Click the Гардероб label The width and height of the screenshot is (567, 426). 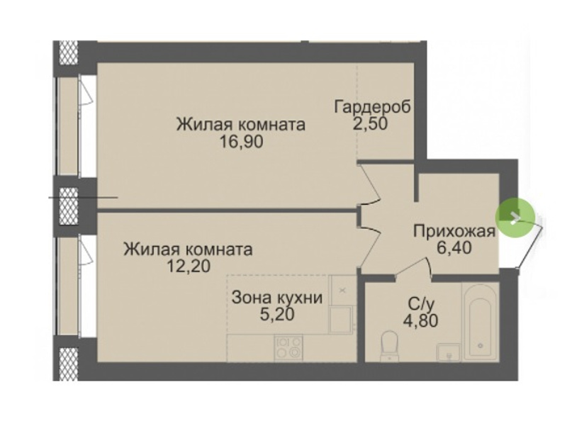click(373, 107)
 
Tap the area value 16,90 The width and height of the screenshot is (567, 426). click(242, 141)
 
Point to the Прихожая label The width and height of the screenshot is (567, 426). click(454, 231)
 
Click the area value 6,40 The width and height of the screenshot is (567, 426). click(454, 248)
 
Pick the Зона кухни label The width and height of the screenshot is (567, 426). click(276, 298)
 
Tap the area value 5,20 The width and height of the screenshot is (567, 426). click(277, 315)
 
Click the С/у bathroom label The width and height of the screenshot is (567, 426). click(420, 304)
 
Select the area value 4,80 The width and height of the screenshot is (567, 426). click(420, 320)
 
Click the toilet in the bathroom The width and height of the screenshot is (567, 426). click(389, 345)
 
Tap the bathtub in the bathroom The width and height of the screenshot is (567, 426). click(481, 323)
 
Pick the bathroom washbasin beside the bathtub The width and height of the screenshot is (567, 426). click(449, 352)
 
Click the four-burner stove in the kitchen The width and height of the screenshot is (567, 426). click(288, 347)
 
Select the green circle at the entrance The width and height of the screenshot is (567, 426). click(515, 218)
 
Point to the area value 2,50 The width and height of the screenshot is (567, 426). click(369, 123)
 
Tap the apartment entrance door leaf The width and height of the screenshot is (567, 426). click(530, 247)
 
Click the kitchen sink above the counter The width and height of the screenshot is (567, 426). click(340, 319)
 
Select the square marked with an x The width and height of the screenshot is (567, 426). click(343, 290)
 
